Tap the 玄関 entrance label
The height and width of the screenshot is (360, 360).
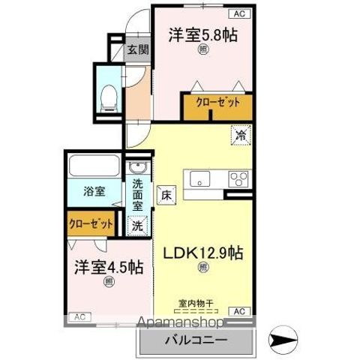click(137, 50)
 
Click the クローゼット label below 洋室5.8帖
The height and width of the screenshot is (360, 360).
click(217, 103)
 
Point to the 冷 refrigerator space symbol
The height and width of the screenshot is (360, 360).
click(241, 136)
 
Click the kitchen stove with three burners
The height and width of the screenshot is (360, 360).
click(239, 179)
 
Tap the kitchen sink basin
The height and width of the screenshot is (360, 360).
click(200, 178)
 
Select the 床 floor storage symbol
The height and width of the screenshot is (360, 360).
click(166, 193)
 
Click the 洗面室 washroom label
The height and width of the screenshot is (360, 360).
click(138, 194)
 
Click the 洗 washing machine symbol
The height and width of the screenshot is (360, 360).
click(137, 224)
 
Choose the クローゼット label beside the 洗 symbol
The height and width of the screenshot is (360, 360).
click(91, 223)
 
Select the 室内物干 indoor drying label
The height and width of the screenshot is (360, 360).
click(196, 303)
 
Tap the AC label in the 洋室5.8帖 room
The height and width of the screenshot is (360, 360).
click(239, 13)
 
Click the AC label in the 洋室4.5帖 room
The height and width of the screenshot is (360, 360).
click(79, 317)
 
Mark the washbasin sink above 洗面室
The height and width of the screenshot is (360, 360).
click(137, 169)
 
